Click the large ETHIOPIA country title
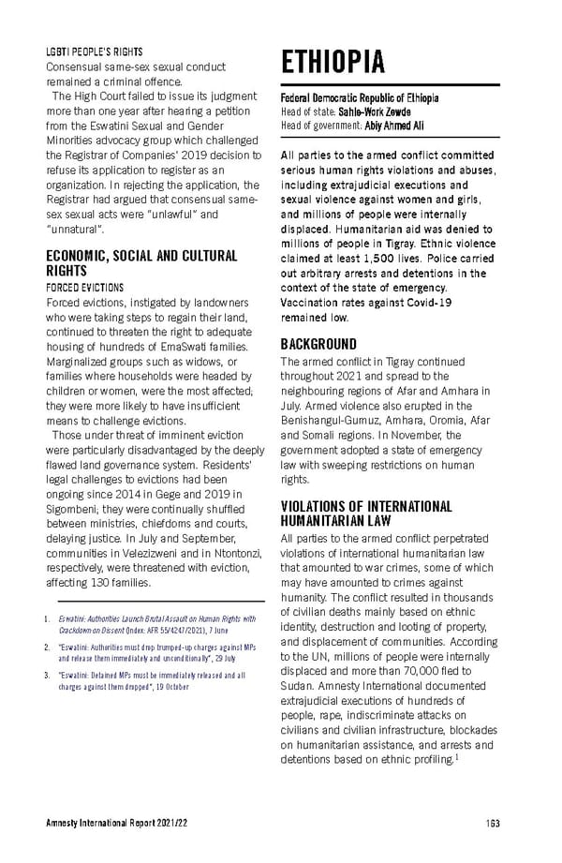pyautogui.click(x=333, y=62)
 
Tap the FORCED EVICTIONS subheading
pyautogui.click(x=84, y=287)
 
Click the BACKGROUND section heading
pyautogui.click(x=319, y=344)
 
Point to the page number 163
pyautogui.click(x=493, y=824)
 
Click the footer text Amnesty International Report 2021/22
pyautogui.click(x=117, y=824)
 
